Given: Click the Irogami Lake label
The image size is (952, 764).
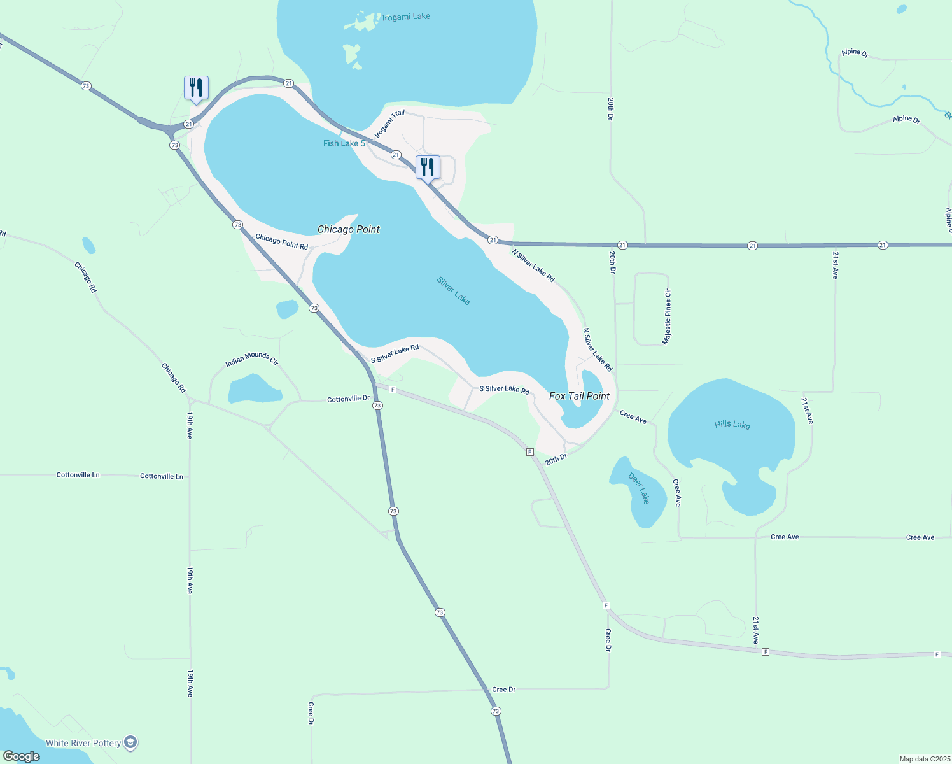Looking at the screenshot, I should [x=406, y=17].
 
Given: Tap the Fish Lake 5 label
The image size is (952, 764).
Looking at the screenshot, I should [x=344, y=143].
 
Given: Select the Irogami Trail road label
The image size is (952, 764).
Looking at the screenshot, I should [x=389, y=124].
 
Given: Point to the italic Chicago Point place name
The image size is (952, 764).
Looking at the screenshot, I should [x=348, y=229].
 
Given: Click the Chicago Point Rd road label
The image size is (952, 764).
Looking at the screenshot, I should [x=281, y=242].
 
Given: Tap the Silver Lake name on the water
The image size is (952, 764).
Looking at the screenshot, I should [x=453, y=290].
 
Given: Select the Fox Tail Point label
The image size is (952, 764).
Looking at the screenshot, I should [x=579, y=396].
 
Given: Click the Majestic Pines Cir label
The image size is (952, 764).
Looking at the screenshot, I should [x=667, y=316].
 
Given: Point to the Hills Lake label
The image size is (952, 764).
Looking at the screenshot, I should [x=732, y=424].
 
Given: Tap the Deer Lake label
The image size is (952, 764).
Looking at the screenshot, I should [x=639, y=488].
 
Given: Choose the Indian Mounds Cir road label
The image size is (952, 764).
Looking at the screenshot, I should [x=252, y=359].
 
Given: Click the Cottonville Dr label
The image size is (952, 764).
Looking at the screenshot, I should [x=348, y=399].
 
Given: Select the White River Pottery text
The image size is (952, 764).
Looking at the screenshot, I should [x=83, y=743].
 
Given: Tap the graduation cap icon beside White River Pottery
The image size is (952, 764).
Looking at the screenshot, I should [x=130, y=742].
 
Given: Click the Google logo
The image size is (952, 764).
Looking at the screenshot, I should [x=22, y=756].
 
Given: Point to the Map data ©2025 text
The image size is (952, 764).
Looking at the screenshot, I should [x=924, y=759].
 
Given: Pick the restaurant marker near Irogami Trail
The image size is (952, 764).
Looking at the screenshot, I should [x=428, y=167].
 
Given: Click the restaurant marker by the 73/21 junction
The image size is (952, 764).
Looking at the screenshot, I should [x=196, y=88].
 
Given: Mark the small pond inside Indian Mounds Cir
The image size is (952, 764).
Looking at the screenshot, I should [x=255, y=390].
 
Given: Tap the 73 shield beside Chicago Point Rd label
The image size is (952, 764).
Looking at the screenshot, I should [x=237, y=225].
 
